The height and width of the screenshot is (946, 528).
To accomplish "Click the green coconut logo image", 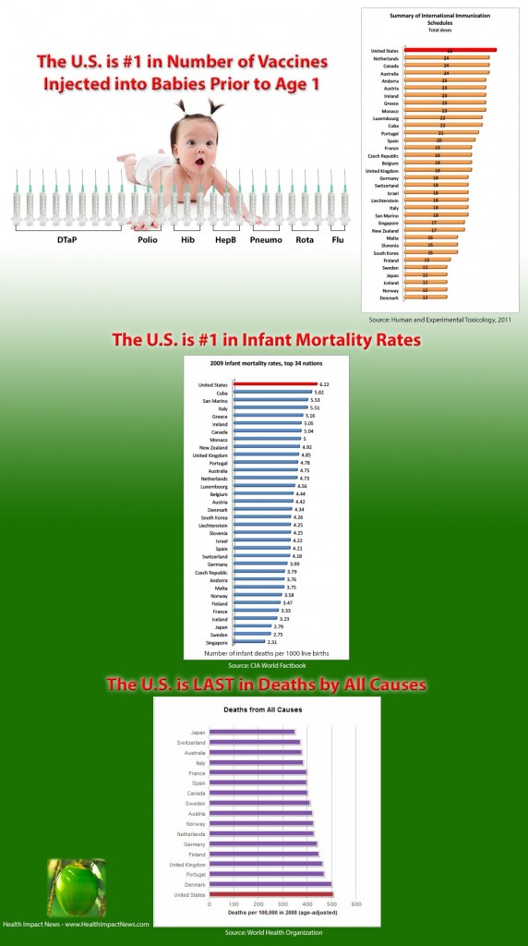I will point(78,887).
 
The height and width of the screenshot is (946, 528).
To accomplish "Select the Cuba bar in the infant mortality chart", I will point(268,392).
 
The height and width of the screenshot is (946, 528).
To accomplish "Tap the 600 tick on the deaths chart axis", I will point(355,904).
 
